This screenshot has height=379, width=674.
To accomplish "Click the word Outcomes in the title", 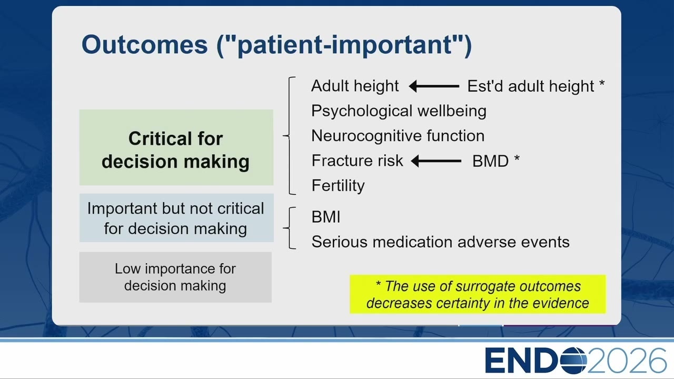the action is pyautogui.click(x=145, y=45).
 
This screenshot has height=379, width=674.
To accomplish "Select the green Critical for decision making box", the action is pyautogui.click(x=176, y=147).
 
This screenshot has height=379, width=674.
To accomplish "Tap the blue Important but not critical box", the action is pyautogui.click(x=176, y=218).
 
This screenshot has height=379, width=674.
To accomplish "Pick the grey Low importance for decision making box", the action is pyautogui.click(x=175, y=277).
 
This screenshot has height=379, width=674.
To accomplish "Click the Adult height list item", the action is pyautogui.click(x=355, y=86).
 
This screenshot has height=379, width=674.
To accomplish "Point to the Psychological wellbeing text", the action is pyautogui.click(x=399, y=111).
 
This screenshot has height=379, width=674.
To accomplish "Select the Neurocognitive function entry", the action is pyautogui.click(x=398, y=136).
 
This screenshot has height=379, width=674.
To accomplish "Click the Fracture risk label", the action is pyautogui.click(x=357, y=161).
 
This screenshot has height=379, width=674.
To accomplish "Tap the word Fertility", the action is pyautogui.click(x=338, y=186).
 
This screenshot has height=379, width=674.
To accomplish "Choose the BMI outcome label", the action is pyautogui.click(x=326, y=217).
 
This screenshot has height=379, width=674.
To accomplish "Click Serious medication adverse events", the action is pyautogui.click(x=441, y=242).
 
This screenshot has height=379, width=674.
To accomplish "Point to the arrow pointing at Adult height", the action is pyautogui.click(x=434, y=86).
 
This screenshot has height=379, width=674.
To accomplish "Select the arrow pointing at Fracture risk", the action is pyautogui.click(x=436, y=161).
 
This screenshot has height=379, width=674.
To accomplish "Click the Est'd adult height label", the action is pyautogui.click(x=531, y=86).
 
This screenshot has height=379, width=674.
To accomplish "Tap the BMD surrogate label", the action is pyautogui.click(x=490, y=161).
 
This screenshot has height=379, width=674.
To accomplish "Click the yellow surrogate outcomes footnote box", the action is pyautogui.click(x=478, y=294).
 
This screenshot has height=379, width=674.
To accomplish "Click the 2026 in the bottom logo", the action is pyautogui.click(x=627, y=361).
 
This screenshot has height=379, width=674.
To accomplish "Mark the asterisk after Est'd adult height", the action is pyautogui.click(x=602, y=83).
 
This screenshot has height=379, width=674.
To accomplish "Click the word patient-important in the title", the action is pyautogui.click(x=344, y=45).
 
